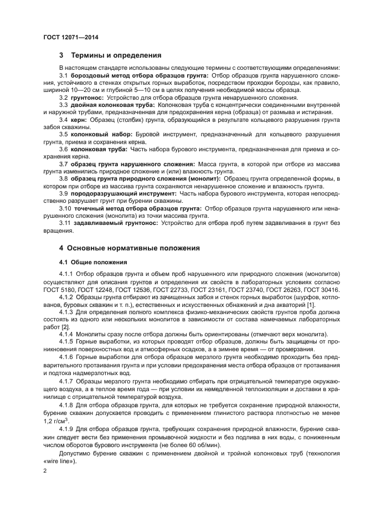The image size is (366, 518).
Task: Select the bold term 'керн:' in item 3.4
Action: tap(79, 119)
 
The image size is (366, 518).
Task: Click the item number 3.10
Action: tap(66, 208)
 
